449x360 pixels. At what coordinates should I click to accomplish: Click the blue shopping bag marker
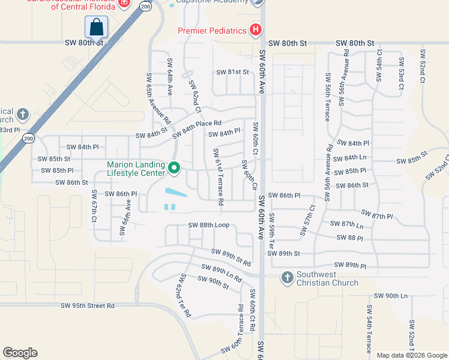(x=96, y=27)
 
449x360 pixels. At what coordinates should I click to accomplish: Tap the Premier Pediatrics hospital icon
(x=256, y=30)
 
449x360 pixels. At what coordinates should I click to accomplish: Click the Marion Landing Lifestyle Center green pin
(x=174, y=168)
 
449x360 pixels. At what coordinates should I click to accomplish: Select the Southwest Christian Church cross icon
(x=287, y=277)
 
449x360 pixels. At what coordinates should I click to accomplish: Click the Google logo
(x=20, y=353)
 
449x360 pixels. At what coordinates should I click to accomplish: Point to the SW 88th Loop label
(x=209, y=225)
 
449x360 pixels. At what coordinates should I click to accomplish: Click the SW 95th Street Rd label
(x=88, y=305)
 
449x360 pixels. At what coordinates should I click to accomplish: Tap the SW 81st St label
(x=233, y=72)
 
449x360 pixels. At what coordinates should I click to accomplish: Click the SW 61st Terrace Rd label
(x=217, y=177)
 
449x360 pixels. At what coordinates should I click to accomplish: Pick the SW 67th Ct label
(x=94, y=206)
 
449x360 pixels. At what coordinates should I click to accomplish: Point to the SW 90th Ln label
(x=391, y=296)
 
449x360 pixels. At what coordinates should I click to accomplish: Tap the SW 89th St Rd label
(x=231, y=257)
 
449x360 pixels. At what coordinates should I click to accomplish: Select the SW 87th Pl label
(x=377, y=215)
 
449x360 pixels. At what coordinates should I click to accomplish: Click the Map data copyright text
(x=411, y=355)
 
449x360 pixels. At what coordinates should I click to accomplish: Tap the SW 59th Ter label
(x=272, y=231)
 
